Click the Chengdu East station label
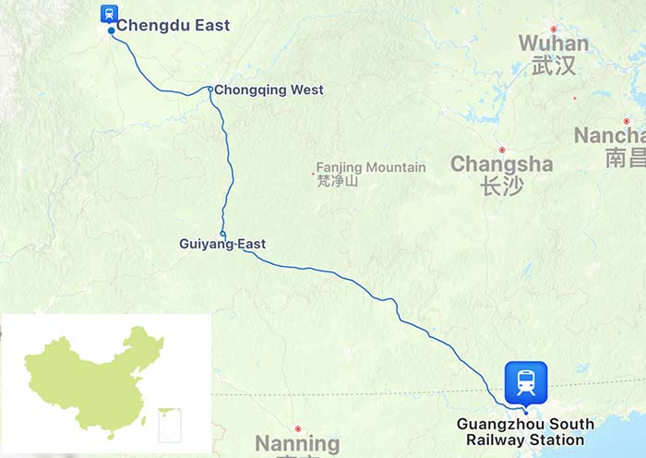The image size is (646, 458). (173, 25)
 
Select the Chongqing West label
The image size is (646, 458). (269, 90)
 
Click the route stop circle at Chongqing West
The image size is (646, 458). (210, 90)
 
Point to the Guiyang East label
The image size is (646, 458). (222, 244)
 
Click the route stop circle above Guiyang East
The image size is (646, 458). (222, 233)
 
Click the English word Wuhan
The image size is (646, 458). (553, 43)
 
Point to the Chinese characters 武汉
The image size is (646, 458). (553, 66)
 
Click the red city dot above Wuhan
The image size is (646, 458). (554, 29)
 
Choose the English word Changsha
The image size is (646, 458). (501, 164)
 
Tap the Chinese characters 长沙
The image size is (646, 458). (501, 187)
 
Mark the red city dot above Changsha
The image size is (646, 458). (502, 150)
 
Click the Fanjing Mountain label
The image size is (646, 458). (371, 167)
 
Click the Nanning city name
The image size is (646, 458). (297, 444)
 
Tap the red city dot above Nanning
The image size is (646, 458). (298, 428)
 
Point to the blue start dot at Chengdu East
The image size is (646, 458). (112, 30)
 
